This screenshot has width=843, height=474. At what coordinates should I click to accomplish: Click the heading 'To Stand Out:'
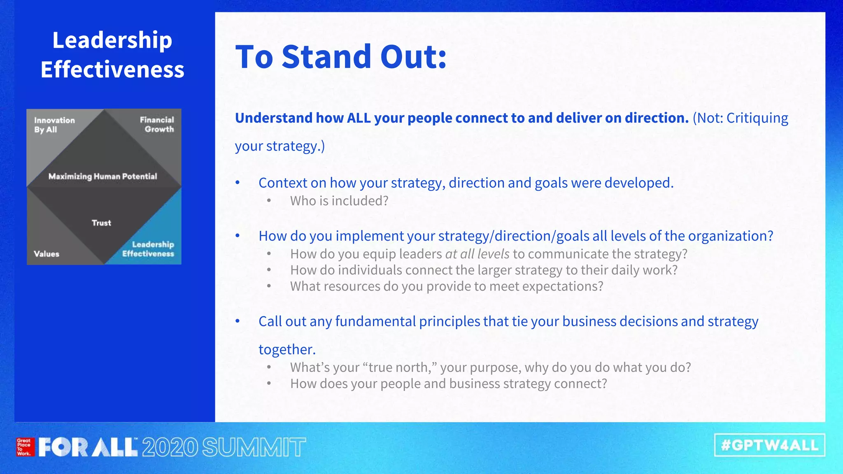click(x=341, y=57)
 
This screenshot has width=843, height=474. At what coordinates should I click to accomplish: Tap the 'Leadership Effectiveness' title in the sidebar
click(x=112, y=55)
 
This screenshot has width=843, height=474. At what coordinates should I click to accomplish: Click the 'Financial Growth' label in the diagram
click(x=157, y=124)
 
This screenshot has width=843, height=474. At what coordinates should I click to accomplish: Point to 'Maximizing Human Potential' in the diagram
click(x=102, y=177)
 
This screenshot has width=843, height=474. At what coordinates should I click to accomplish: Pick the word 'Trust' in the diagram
click(x=101, y=223)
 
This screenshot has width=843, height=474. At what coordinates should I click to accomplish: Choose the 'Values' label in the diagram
click(x=47, y=254)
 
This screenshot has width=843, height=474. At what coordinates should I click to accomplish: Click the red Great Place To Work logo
click(x=24, y=447)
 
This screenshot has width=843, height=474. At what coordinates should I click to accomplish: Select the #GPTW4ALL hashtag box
click(x=769, y=445)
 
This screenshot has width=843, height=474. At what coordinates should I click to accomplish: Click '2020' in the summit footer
click(x=170, y=447)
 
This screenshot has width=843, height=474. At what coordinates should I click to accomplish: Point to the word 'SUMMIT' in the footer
click(x=254, y=447)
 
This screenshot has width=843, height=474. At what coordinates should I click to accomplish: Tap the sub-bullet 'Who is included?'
click(x=339, y=201)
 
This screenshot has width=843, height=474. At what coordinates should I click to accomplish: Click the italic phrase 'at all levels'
click(x=477, y=254)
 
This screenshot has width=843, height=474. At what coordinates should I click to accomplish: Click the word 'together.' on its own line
click(x=287, y=349)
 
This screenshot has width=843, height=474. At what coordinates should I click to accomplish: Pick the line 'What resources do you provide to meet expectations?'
click(x=447, y=286)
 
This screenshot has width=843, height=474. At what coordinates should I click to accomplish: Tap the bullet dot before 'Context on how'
click(x=238, y=182)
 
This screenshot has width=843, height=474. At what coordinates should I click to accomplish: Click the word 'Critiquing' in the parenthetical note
click(x=757, y=118)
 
